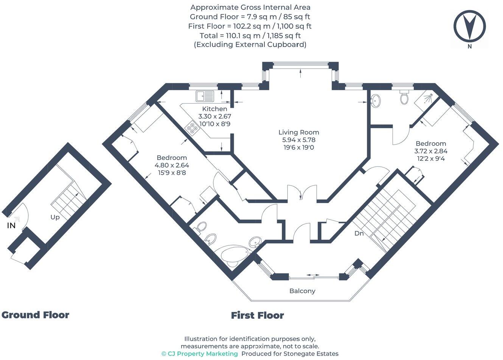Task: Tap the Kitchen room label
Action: [x=214, y=109]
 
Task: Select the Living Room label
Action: [x=299, y=132]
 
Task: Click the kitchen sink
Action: [x=205, y=96]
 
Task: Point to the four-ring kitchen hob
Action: [x=192, y=129]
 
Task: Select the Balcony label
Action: [x=302, y=291]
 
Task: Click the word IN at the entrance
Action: [x=11, y=226]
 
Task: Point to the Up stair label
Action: [x=55, y=217]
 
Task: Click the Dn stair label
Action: [x=359, y=233]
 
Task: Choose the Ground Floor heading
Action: [x=36, y=315]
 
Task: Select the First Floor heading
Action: [x=258, y=315]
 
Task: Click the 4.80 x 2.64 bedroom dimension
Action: [x=172, y=165]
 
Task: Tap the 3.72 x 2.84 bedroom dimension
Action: [x=431, y=151]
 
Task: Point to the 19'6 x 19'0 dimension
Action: [x=299, y=147]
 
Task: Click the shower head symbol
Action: [x=427, y=99]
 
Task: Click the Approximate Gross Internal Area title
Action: [x=250, y=7]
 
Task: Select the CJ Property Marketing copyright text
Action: [x=200, y=354]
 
